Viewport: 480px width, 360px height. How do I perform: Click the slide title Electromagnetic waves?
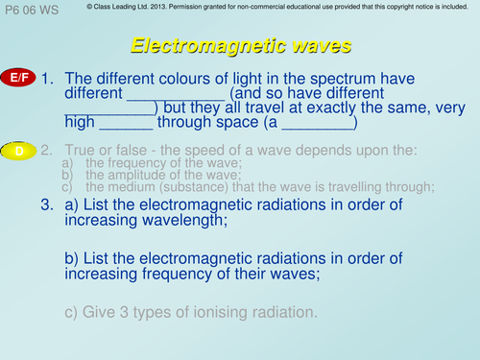click(x=240, y=45)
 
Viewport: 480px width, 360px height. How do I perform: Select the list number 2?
click(x=47, y=151)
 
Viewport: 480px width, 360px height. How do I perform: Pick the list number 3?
click(x=47, y=205)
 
